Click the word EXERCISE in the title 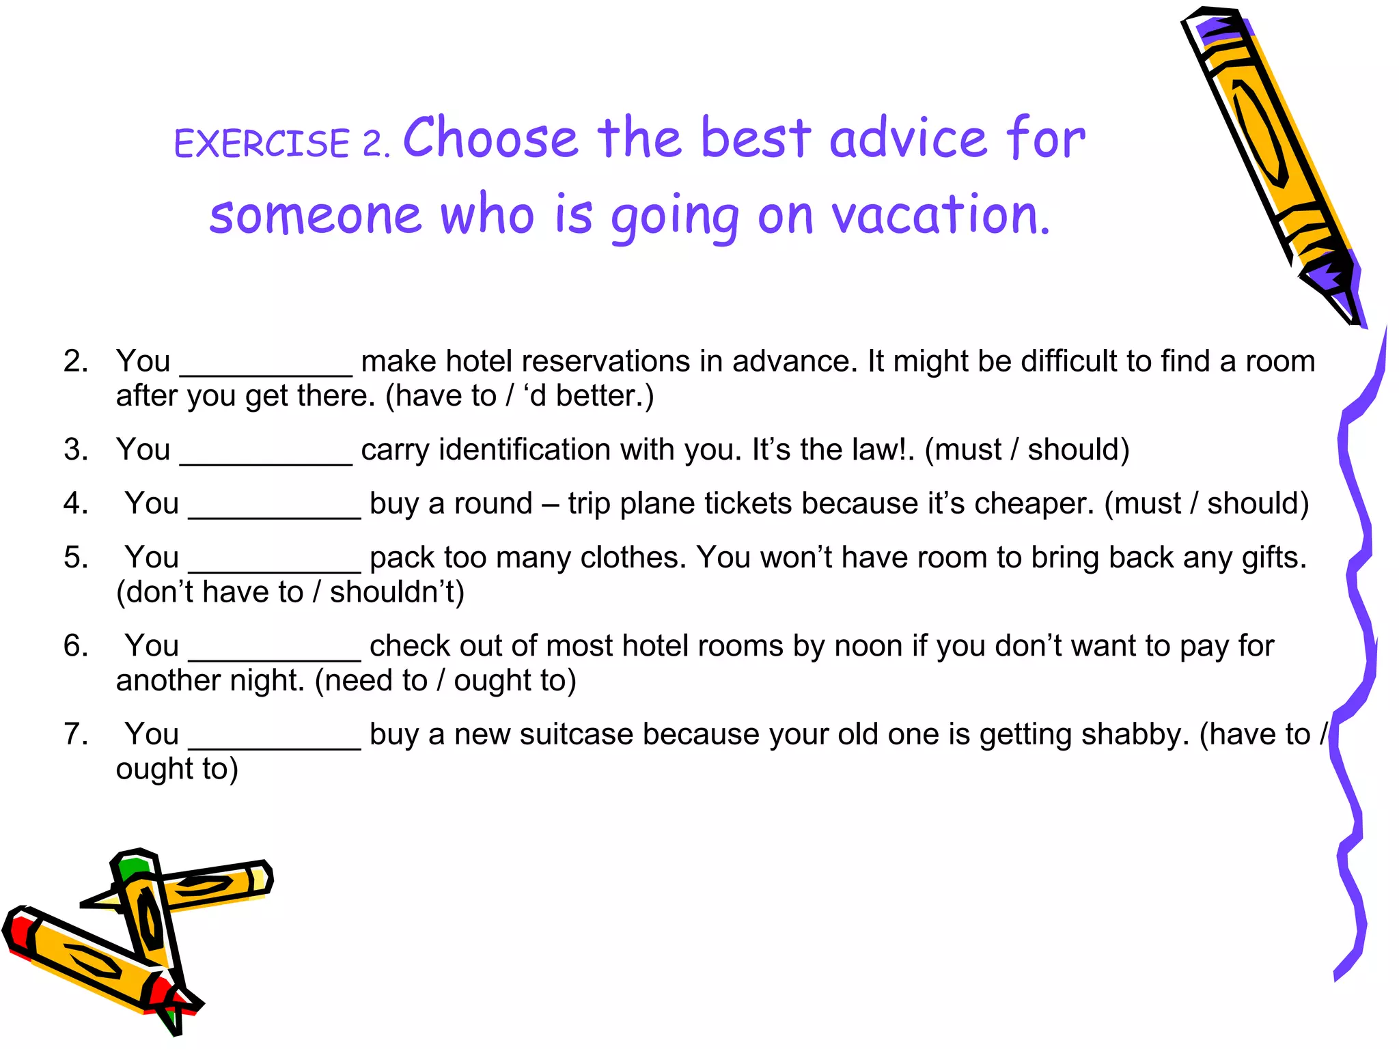coord(262,143)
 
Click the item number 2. coord(75,361)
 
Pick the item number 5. coord(75,557)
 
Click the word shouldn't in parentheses coord(396,592)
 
